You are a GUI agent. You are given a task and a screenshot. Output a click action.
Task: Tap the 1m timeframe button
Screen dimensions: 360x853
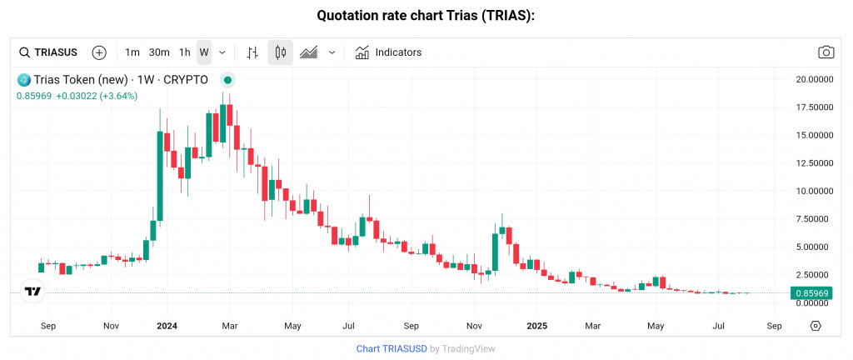tap(132, 52)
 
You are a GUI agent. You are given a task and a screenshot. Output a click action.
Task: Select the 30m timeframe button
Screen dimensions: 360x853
tap(159, 52)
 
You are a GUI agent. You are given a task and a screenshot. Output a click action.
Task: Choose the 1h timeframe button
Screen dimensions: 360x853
tap(184, 52)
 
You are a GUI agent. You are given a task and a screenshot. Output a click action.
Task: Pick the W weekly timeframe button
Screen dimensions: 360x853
tap(203, 52)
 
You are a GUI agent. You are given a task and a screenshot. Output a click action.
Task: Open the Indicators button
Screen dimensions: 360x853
tap(388, 52)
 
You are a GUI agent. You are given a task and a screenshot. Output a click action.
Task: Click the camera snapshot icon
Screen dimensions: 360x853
tap(826, 52)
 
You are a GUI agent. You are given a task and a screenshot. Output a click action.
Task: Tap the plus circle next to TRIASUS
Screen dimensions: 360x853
tap(99, 52)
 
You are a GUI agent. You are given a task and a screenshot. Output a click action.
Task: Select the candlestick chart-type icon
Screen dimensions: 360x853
tap(280, 52)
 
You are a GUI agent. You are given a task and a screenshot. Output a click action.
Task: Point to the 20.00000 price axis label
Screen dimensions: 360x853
tap(814, 79)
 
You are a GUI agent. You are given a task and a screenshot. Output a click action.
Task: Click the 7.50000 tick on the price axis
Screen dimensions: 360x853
tap(814, 219)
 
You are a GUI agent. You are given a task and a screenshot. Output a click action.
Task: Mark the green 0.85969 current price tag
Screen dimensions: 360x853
tap(811, 293)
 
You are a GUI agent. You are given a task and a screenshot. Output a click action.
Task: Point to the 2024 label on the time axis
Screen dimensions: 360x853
tap(167, 325)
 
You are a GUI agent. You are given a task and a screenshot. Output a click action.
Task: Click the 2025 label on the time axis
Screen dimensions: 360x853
tap(536, 325)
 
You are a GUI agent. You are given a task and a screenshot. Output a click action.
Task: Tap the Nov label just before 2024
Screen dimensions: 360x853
tap(111, 325)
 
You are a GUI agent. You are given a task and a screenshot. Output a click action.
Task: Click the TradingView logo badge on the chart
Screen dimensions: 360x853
tap(32, 292)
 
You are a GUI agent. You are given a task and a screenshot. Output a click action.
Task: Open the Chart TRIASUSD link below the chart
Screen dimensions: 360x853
tap(391, 348)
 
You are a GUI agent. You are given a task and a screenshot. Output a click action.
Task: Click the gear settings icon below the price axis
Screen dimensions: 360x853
tap(816, 325)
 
